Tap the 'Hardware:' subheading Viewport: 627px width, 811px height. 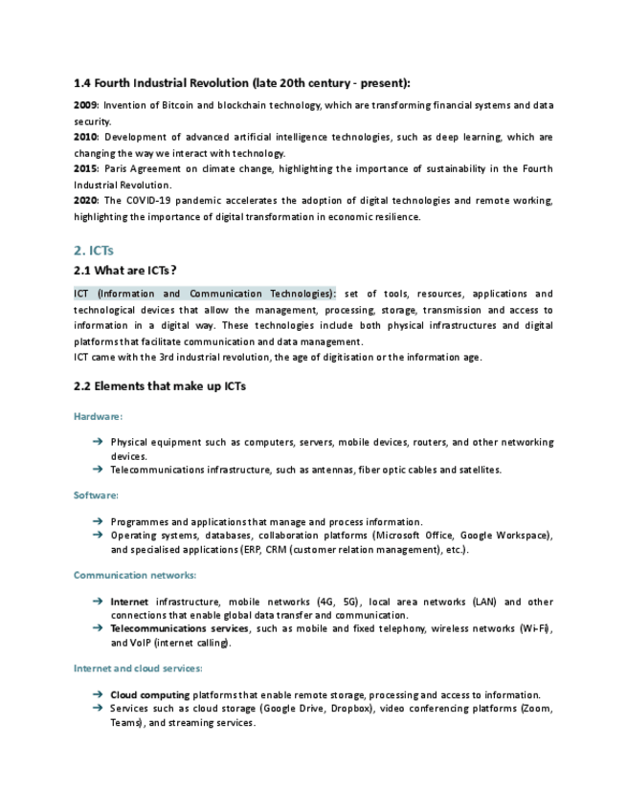pos(98,416)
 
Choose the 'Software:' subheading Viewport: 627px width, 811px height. pos(96,494)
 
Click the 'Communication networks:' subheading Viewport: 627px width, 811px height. pos(135,574)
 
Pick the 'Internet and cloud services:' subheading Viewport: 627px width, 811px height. pos(138,668)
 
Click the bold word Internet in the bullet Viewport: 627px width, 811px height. pos(129,602)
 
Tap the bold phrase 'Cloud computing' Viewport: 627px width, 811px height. pos(149,694)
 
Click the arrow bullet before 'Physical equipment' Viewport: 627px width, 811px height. pos(98,442)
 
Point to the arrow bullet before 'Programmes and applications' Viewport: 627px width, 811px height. pos(98,521)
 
